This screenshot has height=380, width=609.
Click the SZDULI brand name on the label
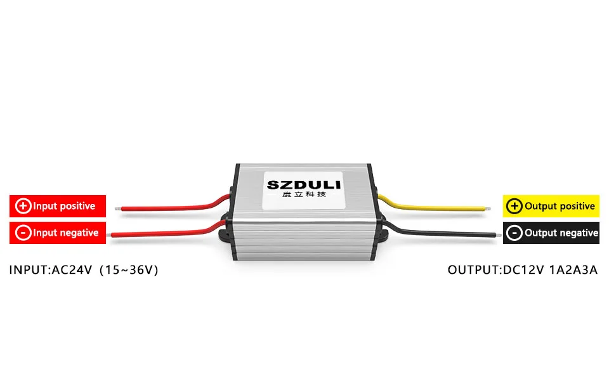point(303,186)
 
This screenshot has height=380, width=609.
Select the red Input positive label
point(57,206)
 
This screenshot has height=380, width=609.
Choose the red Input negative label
point(57,233)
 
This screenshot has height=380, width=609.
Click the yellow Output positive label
point(551,206)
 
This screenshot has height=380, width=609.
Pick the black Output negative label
point(551,233)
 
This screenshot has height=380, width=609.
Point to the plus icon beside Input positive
point(23,206)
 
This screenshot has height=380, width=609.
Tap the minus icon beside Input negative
point(23,233)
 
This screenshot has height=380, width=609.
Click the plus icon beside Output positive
point(515,206)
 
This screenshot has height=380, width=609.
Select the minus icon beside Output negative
point(515,233)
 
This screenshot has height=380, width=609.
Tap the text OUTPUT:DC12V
point(485,270)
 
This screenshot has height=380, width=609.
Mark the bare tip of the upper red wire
point(117,208)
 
